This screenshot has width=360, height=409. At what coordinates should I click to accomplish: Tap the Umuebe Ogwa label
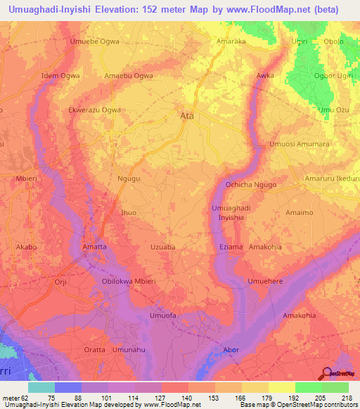tap(94, 42)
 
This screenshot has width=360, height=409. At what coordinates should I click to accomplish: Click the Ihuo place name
tap(129, 212)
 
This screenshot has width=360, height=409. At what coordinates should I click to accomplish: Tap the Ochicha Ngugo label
tap(252, 184)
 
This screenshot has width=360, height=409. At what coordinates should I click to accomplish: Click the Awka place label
tap(265, 74)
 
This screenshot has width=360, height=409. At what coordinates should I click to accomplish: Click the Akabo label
tap(26, 247)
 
